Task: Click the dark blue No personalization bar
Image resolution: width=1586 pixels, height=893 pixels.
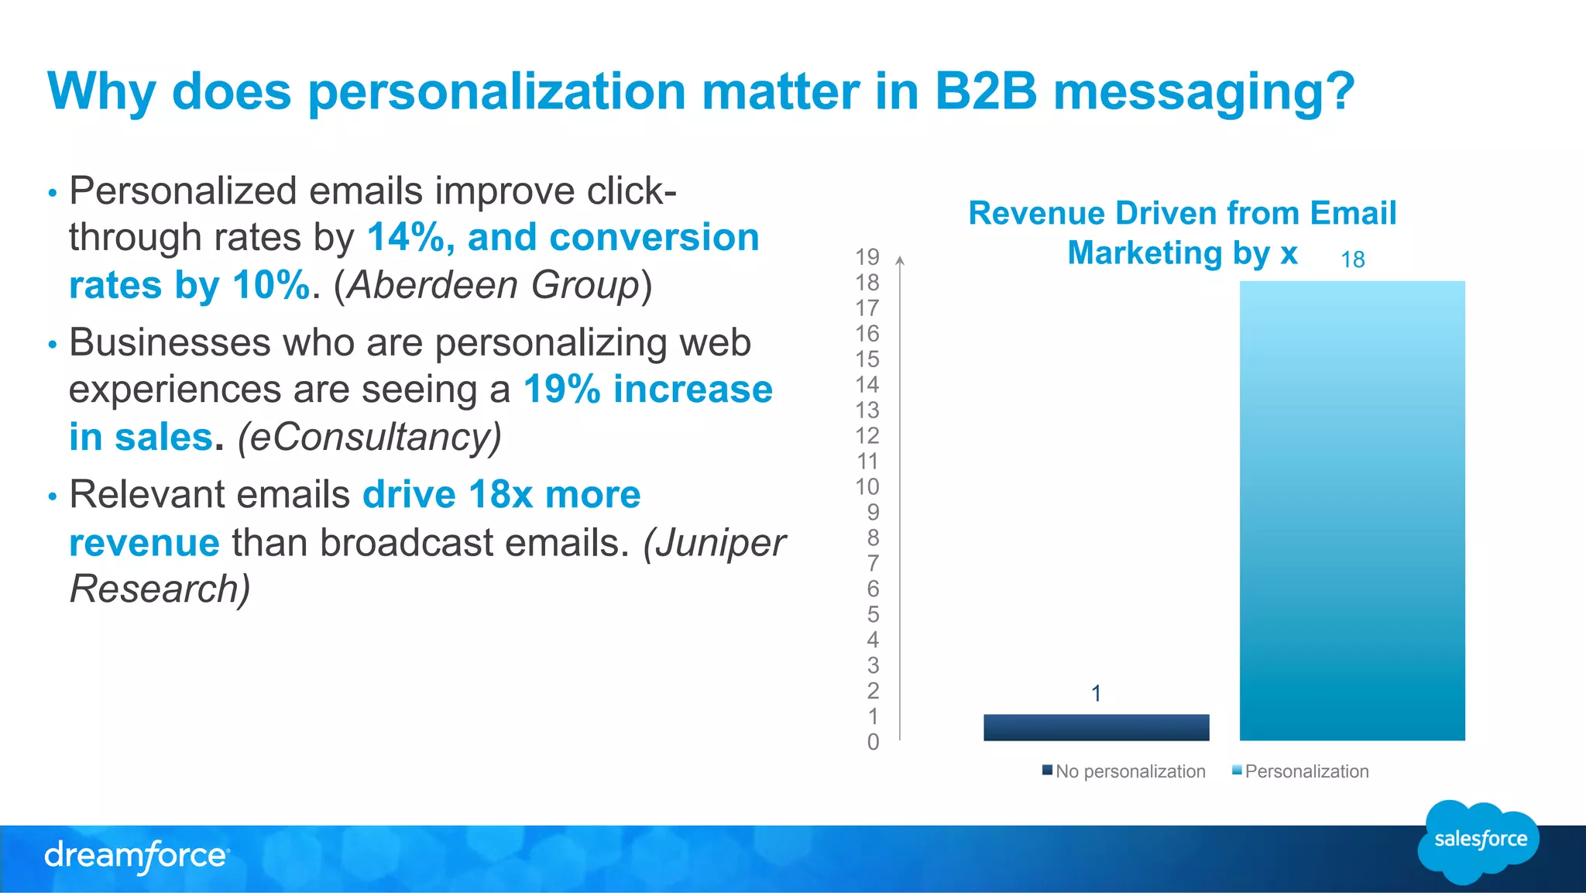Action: point(1096,727)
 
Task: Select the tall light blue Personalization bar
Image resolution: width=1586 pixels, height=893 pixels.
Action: point(1351,511)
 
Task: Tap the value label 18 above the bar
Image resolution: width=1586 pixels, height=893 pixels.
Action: point(1352,259)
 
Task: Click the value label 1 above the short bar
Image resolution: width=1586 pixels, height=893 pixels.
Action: point(1096,693)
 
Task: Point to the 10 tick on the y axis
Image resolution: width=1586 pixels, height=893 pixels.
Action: point(867,486)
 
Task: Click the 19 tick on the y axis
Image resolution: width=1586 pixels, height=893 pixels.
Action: point(867,256)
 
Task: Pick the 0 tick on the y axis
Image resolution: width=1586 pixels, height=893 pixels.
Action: point(873,742)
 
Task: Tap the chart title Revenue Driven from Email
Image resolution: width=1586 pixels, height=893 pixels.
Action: point(1182,213)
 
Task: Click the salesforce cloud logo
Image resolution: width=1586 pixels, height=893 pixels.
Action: point(1478,840)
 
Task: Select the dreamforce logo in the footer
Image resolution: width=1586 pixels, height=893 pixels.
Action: point(136,856)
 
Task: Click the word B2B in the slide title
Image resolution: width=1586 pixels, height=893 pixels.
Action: point(985,91)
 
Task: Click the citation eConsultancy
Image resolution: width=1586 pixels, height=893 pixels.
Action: point(369,437)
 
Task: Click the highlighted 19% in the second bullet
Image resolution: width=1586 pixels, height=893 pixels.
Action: point(562,389)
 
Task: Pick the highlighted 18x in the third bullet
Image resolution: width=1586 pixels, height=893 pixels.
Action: point(500,494)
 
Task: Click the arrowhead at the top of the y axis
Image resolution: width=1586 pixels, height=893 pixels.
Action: point(900,260)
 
